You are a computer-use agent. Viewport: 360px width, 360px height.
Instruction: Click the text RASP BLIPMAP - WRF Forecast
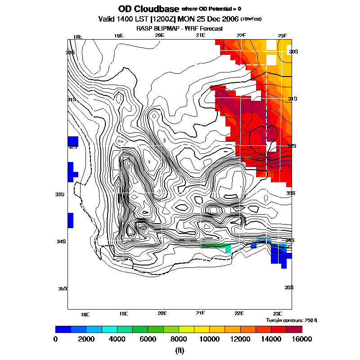pos(180,28)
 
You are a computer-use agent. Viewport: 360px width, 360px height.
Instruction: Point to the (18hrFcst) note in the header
pos(252,19)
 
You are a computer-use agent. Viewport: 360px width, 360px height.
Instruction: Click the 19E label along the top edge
pos(118,36)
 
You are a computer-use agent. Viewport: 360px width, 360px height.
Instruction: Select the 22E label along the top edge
pos(241,36)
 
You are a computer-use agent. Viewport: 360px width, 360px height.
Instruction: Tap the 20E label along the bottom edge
pos(162,313)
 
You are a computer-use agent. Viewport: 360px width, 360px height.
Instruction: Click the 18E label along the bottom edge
pos(85,314)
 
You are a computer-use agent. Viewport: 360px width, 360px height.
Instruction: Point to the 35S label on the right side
pos(289,288)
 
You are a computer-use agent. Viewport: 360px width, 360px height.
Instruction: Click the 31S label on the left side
pos(71,99)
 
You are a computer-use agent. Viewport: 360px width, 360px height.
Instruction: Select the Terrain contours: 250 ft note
pos(292,320)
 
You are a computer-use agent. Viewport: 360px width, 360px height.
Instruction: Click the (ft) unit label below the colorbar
pos(180,350)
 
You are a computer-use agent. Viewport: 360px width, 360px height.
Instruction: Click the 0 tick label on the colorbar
pos(55,339)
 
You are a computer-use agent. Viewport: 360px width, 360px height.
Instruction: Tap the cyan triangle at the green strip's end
pos(229,249)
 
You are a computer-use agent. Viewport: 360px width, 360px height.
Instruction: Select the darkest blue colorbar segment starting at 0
pos(63,329)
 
